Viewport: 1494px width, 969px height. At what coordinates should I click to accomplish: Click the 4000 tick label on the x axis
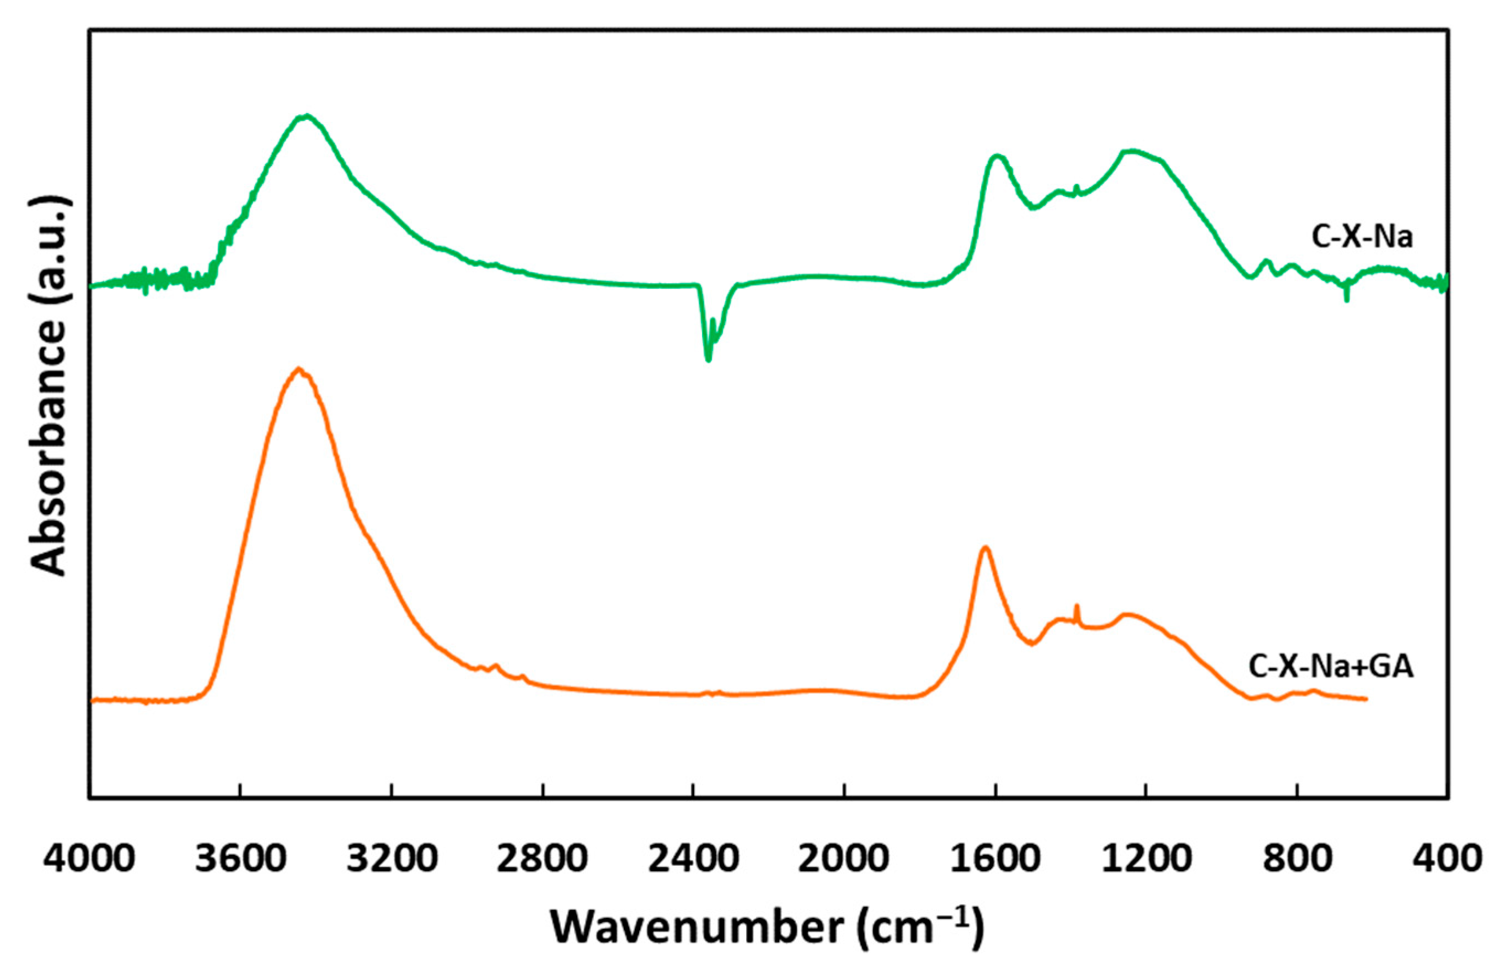tap(90, 859)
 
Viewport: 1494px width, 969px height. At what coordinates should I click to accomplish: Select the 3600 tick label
tap(240, 859)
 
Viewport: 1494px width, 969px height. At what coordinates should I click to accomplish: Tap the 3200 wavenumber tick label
tap(392, 859)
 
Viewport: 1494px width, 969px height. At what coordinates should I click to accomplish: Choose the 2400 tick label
tap(694, 859)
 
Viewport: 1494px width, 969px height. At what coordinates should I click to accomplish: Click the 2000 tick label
tap(844, 859)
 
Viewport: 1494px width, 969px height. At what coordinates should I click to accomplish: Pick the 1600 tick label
tap(995, 859)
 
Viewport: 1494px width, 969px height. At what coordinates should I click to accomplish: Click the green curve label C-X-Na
tap(1362, 238)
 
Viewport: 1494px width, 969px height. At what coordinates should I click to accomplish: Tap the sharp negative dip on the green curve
tap(709, 358)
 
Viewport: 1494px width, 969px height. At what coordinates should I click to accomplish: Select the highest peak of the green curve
tap(306, 116)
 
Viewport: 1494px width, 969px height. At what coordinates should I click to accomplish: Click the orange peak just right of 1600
tap(986, 549)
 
